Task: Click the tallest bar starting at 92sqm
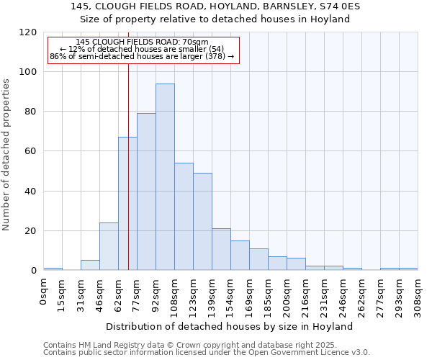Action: point(165,177)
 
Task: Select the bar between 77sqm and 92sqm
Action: point(146,192)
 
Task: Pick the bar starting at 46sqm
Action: point(109,246)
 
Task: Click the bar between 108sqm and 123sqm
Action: point(184,217)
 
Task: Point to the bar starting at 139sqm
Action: point(221,249)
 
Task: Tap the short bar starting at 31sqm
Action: point(90,265)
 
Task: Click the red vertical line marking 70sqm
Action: point(128,166)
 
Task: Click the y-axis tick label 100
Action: point(28,72)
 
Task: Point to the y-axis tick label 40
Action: point(31,192)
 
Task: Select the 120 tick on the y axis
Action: point(28,32)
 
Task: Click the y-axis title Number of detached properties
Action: point(6,155)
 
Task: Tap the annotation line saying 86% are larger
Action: point(142,56)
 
